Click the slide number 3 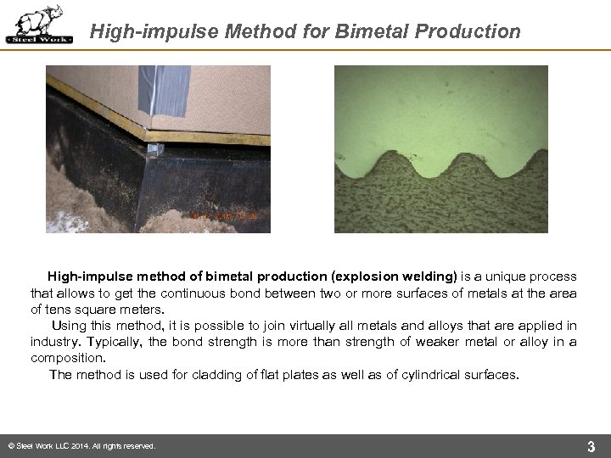coord(591,445)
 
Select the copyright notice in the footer coord(81,446)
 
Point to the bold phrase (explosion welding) coord(394,276)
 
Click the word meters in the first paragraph coord(140,309)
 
